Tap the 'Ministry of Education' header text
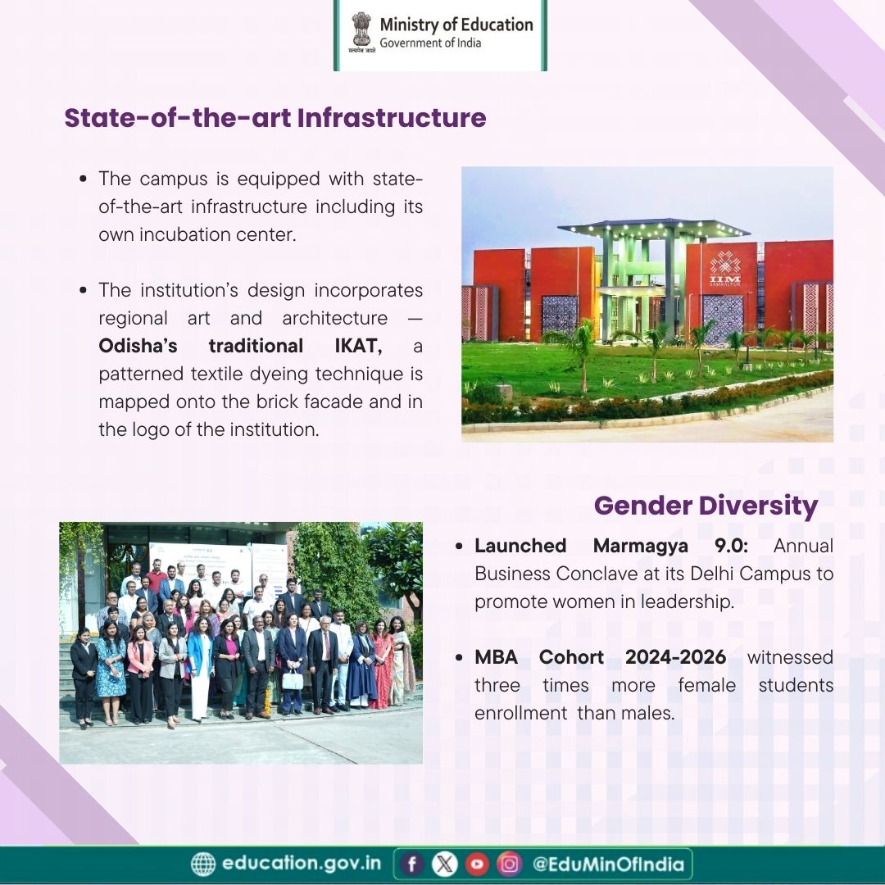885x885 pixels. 456,25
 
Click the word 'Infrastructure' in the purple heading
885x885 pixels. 391,118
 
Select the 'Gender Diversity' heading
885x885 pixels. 706,505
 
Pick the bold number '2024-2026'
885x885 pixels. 675,657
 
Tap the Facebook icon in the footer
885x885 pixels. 413,864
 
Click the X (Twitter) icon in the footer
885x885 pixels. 445,864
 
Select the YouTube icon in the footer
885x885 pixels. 477,864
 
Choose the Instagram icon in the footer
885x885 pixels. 509,864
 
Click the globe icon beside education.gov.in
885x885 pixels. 203,864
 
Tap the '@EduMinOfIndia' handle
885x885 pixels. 608,864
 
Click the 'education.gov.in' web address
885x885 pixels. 301,864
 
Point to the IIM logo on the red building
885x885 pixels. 725,270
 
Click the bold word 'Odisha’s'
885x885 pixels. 138,346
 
